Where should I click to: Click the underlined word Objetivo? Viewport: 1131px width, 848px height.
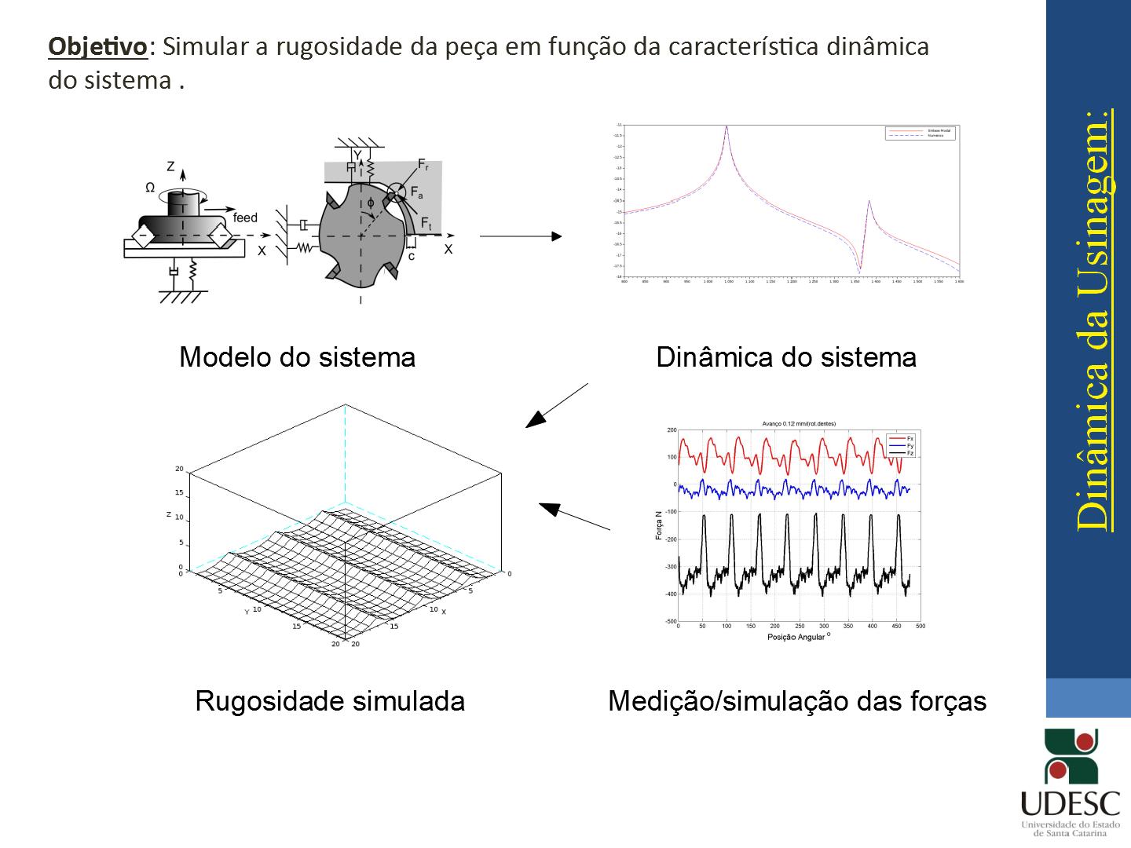point(97,46)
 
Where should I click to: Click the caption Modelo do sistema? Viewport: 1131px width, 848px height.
point(297,357)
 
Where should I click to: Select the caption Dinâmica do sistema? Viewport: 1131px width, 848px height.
point(785,357)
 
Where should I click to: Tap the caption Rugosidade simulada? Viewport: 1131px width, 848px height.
point(330,700)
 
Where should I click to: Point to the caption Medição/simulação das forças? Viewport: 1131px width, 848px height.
point(796,700)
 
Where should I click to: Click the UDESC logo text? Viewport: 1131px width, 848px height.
point(1071,803)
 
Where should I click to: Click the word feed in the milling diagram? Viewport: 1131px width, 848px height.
point(245,217)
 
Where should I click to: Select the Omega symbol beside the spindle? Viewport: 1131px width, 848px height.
point(150,188)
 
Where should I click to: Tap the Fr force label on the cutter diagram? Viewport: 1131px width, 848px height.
point(423,165)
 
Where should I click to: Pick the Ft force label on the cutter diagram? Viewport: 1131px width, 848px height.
point(426,223)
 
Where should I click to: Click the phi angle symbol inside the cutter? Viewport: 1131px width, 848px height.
point(370,202)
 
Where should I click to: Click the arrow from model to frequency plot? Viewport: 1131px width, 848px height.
point(520,236)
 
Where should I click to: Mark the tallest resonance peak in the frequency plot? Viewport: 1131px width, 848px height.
point(727,127)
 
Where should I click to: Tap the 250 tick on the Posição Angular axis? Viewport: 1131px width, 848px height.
point(800,627)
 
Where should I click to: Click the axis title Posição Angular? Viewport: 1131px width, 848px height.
point(796,637)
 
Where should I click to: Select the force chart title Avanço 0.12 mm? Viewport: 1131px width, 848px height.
point(798,423)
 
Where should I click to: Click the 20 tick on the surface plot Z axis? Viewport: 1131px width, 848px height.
point(179,469)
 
